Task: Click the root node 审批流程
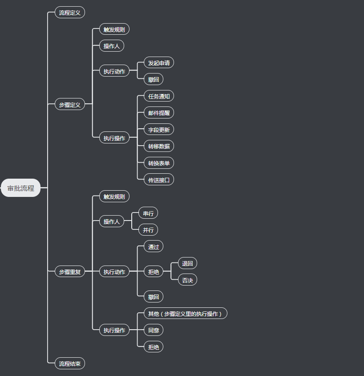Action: [21, 188]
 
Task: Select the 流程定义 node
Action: [70, 12]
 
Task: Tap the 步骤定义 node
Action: [70, 105]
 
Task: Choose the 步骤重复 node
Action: [70, 271]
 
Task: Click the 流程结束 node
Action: [70, 364]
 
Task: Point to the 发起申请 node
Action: [159, 63]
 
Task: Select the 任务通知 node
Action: [159, 96]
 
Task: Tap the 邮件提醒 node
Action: [159, 113]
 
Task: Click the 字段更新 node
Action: [159, 130]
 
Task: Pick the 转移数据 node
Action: [159, 146]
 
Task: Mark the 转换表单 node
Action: [159, 163]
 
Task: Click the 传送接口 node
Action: [159, 180]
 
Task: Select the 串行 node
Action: [148, 213]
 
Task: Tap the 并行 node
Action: [148, 230]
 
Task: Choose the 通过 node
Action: [154, 246]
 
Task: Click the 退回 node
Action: [187, 263]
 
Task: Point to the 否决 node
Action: [187, 280]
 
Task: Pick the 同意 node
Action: [154, 330]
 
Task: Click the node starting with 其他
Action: [185, 314]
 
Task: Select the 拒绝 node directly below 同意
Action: [154, 347]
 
